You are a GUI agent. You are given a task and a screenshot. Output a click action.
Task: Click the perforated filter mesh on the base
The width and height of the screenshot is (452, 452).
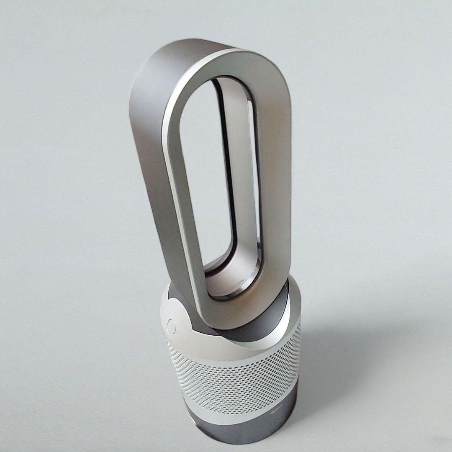pyautogui.click(x=234, y=377)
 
